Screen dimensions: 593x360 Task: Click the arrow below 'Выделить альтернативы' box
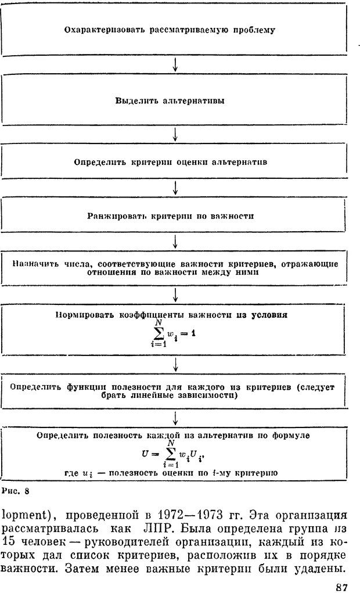coord(175,134)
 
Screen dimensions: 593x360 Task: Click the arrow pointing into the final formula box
coord(175,419)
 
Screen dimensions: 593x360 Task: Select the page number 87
coord(341,587)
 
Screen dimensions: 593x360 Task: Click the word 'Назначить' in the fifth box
coord(33,264)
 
